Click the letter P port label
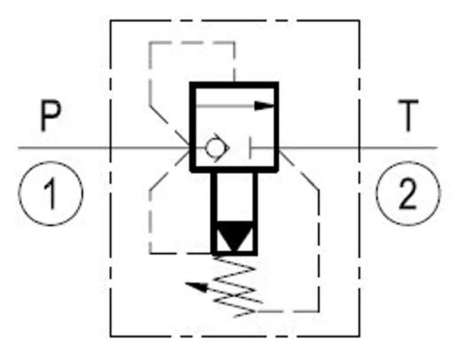point(51,116)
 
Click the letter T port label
point(408,116)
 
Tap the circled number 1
point(51,194)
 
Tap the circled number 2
point(408,194)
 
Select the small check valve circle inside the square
point(215,148)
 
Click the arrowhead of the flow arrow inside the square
point(264,106)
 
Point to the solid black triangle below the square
point(235,236)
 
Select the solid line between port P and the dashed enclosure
point(64,148)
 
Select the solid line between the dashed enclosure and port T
point(398,148)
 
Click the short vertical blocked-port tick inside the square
point(250,148)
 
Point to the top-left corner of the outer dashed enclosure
point(110,21)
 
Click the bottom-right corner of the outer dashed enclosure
point(359,337)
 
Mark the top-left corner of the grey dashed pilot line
point(150,43)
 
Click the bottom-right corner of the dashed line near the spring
point(319,311)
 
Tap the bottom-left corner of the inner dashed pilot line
point(150,253)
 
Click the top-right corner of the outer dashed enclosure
point(359,21)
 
